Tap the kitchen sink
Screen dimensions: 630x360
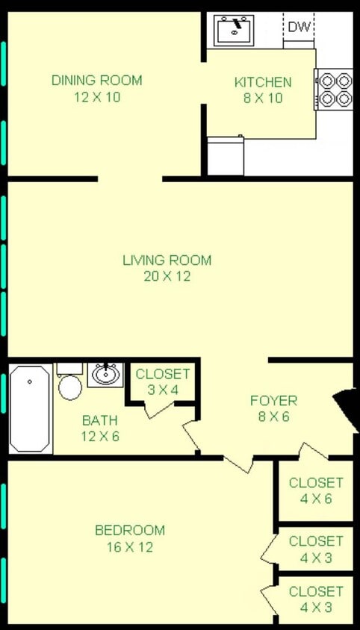[234, 31]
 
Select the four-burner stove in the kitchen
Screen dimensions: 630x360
[333, 89]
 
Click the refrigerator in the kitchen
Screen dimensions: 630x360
[226, 156]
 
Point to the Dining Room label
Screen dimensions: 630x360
[96, 81]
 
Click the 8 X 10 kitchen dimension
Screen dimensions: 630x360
[262, 99]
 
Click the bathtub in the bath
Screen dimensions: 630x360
[31, 408]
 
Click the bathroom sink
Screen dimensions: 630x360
[105, 373]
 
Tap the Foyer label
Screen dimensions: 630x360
[273, 401]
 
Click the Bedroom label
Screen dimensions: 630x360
[130, 531]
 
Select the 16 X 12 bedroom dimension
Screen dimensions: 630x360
[130, 547]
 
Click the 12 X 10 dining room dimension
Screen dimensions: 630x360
[96, 97]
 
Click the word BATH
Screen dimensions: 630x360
[99, 421]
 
